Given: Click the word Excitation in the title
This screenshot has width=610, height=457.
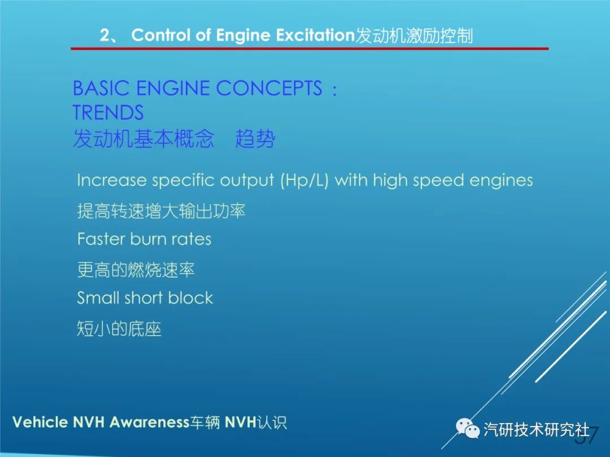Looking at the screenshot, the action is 316,35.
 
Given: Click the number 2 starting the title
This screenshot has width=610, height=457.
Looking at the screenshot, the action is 105,36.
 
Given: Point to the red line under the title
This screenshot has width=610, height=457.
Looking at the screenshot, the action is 310,49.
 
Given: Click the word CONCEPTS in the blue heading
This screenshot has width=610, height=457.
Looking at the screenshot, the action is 269,88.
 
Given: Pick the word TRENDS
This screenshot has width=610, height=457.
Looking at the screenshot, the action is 108,113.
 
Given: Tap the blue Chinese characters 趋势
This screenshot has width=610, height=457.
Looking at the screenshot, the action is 255,139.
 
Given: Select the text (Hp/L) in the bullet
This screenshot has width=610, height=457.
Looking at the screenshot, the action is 304,181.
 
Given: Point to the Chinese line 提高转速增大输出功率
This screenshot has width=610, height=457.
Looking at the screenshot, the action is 161,211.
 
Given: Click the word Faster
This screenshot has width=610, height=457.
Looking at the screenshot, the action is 101,239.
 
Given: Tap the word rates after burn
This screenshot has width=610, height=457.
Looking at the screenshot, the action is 191,239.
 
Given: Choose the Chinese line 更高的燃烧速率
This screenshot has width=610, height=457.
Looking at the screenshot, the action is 136,270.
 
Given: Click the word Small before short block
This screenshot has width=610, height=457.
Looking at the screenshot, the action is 98,298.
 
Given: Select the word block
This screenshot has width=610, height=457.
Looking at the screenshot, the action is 190,298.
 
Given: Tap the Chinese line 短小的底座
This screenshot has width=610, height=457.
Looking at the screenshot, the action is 119,329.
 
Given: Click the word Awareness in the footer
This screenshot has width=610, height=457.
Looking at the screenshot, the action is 149,422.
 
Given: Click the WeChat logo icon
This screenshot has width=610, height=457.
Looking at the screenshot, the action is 468,428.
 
